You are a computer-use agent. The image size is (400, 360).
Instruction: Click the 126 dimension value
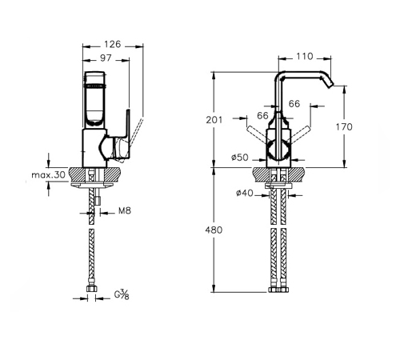point(112,44)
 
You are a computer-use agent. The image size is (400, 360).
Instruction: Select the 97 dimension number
point(106,58)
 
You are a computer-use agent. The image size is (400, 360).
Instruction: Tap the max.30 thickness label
point(48,175)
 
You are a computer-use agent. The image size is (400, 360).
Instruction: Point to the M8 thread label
point(125,211)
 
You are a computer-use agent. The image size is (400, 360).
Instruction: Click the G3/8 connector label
point(122,295)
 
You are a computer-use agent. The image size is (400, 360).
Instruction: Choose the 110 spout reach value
point(305,56)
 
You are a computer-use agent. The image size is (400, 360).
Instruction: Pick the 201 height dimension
point(214,120)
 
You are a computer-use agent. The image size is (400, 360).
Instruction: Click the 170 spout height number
point(344,127)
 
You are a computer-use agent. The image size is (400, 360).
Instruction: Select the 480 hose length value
point(214,230)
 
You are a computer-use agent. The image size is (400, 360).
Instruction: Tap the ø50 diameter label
point(240,158)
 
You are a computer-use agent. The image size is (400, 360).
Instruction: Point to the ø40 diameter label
point(244,193)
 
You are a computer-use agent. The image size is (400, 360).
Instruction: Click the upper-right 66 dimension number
point(294,103)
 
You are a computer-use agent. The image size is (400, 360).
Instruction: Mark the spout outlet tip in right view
point(331,85)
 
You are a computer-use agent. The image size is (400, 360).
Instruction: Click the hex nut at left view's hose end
point(91,289)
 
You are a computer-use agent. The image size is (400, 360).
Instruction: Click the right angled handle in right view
point(300,134)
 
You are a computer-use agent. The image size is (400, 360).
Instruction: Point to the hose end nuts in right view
point(278,290)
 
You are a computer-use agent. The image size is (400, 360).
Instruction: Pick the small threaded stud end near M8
point(98,201)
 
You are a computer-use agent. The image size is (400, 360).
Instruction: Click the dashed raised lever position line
point(133,140)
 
